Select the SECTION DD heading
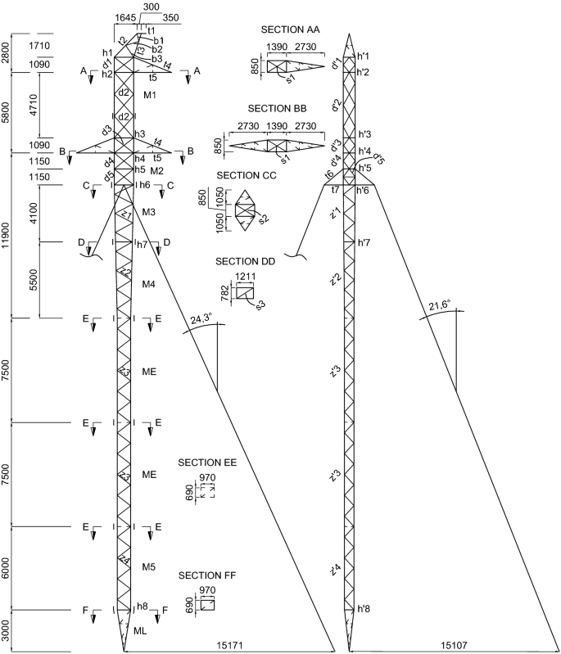(x=245, y=261)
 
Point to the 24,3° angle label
(x=201, y=319)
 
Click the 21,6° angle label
(x=441, y=307)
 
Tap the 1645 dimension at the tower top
(x=126, y=18)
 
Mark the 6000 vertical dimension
(x=7, y=566)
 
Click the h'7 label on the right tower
(x=365, y=243)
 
